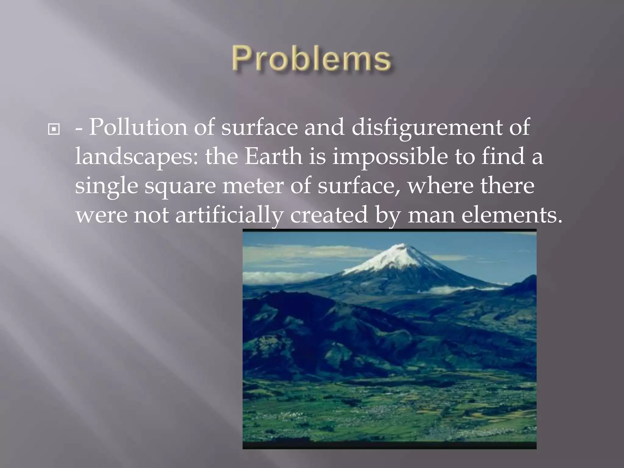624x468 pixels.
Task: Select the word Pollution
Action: (x=138, y=127)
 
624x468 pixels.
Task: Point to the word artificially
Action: (x=229, y=215)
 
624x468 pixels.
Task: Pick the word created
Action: (x=329, y=214)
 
